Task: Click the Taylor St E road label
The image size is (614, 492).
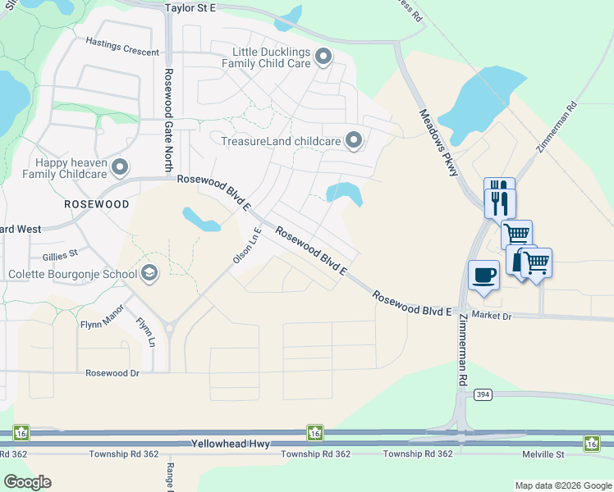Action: (190, 7)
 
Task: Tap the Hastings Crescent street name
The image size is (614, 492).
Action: (122, 51)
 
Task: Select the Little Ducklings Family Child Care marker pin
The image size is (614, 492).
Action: (323, 57)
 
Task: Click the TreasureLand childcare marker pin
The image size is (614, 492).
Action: (354, 141)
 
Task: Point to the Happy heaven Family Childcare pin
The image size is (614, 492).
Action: (120, 167)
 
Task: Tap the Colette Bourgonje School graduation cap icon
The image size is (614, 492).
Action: (149, 273)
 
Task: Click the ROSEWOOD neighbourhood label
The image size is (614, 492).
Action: (97, 203)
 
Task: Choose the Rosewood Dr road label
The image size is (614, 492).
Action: (112, 372)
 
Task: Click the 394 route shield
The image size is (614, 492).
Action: (483, 394)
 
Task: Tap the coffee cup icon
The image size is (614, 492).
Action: (483, 274)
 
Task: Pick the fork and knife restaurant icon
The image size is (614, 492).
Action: (499, 198)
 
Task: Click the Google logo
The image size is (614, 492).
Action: (27, 482)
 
